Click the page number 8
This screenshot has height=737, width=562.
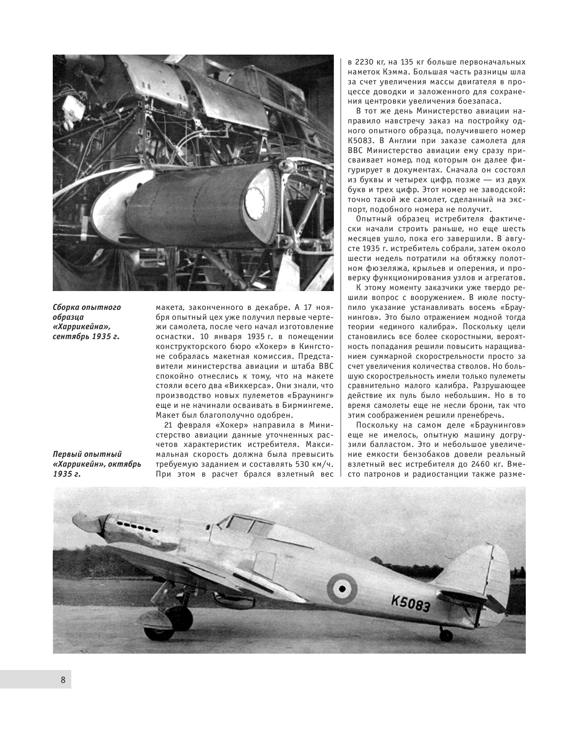pyautogui.click(x=63, y=680)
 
